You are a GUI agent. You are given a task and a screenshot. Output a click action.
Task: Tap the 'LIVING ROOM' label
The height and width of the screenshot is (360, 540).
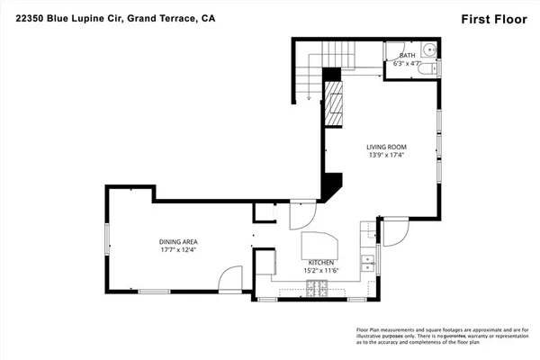click(x=387, y=147)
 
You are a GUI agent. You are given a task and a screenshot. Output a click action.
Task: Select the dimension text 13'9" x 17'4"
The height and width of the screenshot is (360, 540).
click(x=387, y=156)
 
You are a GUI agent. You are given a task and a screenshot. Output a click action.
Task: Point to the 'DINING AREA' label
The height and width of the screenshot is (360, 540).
click(x=178, y=242)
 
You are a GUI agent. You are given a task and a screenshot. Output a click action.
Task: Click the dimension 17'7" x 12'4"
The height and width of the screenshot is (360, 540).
click(x=178, y=251)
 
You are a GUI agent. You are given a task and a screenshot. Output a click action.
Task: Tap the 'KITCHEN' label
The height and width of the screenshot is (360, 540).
click(x=321, y=262)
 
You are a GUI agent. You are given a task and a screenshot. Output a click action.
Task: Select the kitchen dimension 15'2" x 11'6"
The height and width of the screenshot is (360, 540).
click(x=321, y=270)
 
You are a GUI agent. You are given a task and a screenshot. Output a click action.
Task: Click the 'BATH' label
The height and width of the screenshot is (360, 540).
click(x=408, y=55)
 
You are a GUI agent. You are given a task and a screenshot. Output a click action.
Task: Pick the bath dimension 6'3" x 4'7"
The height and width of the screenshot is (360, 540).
click(x=408, y=63)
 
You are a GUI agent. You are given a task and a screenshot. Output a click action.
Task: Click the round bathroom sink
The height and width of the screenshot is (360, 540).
click(x=429, y=49)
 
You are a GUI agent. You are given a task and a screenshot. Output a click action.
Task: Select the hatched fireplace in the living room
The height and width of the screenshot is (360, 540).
click(x=334, y=106)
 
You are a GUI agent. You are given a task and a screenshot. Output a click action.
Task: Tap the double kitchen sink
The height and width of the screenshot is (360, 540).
click(x=367, y=263)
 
